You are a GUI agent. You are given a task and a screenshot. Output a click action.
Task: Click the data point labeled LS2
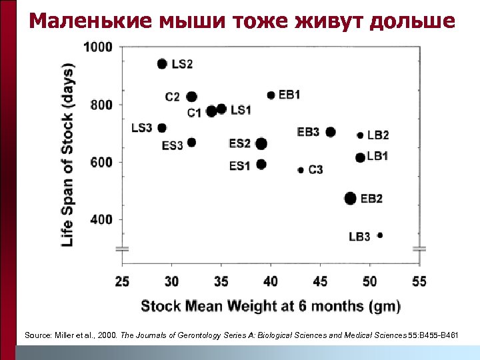point(162,64)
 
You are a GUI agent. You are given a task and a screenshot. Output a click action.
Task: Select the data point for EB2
point(351,198)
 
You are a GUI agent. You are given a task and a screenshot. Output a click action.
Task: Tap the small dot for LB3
point(380,235)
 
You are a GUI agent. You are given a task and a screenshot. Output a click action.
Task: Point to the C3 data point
point(301,170)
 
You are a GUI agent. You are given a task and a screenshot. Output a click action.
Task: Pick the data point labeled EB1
point(271,95)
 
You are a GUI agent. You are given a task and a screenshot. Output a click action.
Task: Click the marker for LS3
point(162,128)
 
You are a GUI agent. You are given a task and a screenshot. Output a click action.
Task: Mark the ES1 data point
point(261,164)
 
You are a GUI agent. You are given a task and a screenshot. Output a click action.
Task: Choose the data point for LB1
point(361,157)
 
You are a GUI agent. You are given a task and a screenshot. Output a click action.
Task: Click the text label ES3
point(172,145)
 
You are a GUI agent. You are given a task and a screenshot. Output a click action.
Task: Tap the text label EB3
point(308,132)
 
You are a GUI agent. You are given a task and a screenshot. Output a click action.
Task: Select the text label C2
point(172,97)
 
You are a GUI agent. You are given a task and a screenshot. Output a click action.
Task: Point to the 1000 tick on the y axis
point(98,47)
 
